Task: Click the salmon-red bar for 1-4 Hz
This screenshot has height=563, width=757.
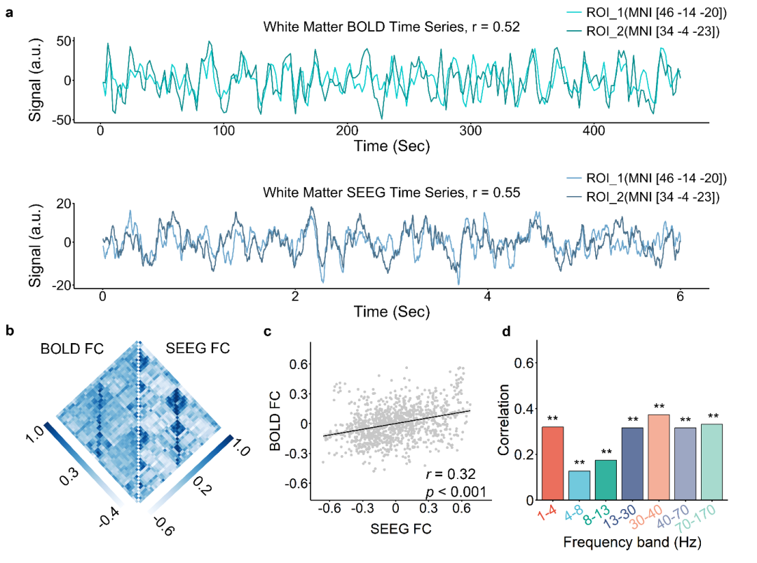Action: pos(552,463)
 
